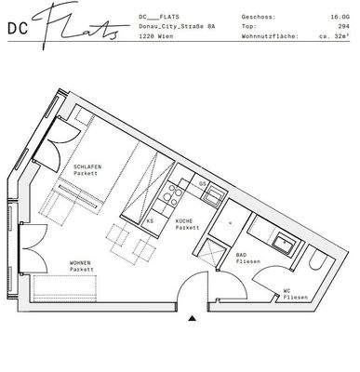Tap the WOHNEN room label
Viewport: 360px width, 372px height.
pyautogui.click(x=83, y=265)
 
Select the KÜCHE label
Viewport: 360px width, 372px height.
pyautogui.click(x=187, y=224)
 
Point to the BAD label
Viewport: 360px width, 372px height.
pyautogui.click(x=242, y=258)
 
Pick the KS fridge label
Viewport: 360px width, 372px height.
pyautogui.click(x=150, y=221)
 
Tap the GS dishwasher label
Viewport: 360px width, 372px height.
pyautogui.click(x=204, y=185)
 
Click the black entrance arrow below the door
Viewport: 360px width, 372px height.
pyautogui.click(x=193, y=318)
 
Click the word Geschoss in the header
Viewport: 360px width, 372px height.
pyautogui.click(x=256, y=17)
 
